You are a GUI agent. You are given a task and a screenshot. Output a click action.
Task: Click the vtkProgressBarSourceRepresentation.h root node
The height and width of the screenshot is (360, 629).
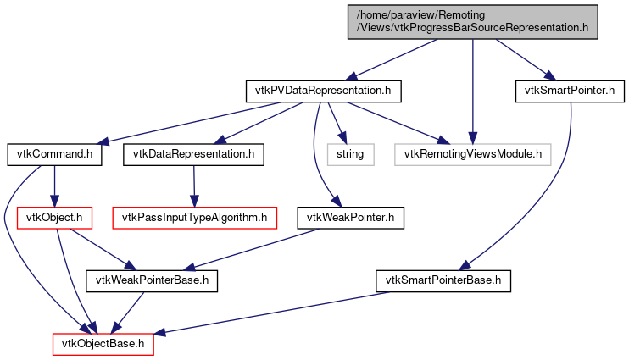[473, 21]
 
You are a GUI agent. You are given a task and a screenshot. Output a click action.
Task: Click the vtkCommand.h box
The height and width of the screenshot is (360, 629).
[55, 154]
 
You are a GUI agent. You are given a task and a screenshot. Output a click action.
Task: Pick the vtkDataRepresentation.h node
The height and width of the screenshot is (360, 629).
[193, 154]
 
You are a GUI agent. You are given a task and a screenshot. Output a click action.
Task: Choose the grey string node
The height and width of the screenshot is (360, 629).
[349, 154]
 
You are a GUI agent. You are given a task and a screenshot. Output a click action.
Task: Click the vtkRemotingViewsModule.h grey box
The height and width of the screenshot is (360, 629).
[473, 154]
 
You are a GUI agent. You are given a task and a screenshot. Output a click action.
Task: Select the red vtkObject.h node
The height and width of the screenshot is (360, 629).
[55, 219]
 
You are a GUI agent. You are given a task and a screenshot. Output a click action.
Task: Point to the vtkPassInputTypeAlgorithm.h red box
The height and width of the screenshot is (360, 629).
[195, 219]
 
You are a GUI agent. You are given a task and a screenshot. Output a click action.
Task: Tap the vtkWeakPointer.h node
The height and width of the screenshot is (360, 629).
[350, 219]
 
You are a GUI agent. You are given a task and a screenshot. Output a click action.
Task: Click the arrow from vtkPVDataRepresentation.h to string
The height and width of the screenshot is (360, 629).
[335, 122]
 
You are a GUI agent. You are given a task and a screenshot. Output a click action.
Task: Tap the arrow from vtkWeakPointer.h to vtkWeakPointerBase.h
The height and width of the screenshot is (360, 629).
[254, 249]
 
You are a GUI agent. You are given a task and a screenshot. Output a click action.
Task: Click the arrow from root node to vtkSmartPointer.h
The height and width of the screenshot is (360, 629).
[521, 58]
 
